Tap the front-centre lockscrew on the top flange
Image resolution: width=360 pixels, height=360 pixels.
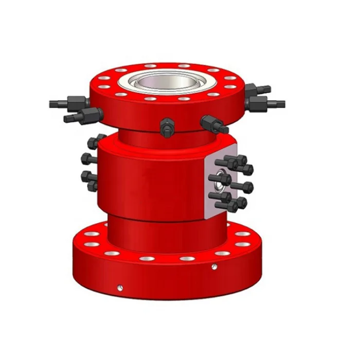[x=166, y=127]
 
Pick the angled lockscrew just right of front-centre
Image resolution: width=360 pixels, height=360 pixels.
[x=213, y=124]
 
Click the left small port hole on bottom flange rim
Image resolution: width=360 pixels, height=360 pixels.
[x=119, y=286]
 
